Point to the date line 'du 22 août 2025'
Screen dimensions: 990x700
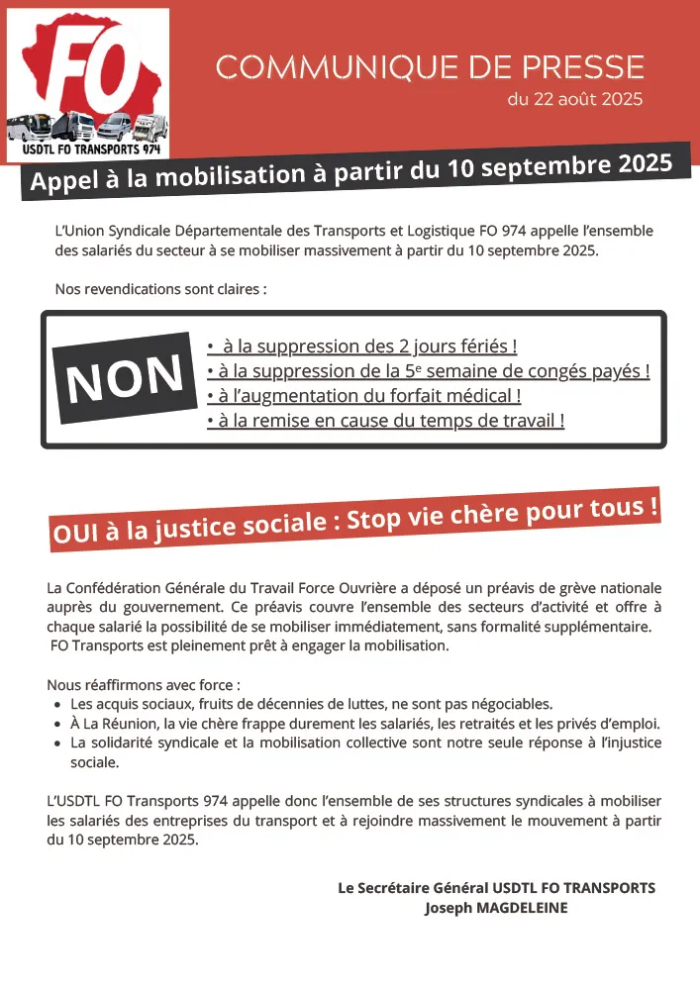[574, 99]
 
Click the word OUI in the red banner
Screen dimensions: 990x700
[74, 535]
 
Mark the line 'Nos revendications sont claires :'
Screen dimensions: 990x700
[161, 290]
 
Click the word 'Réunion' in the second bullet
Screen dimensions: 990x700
[122, 723]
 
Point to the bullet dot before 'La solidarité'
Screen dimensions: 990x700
[56, 742]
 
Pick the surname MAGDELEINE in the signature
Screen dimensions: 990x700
[517, 907]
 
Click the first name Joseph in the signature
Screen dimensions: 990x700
[444, 907]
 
